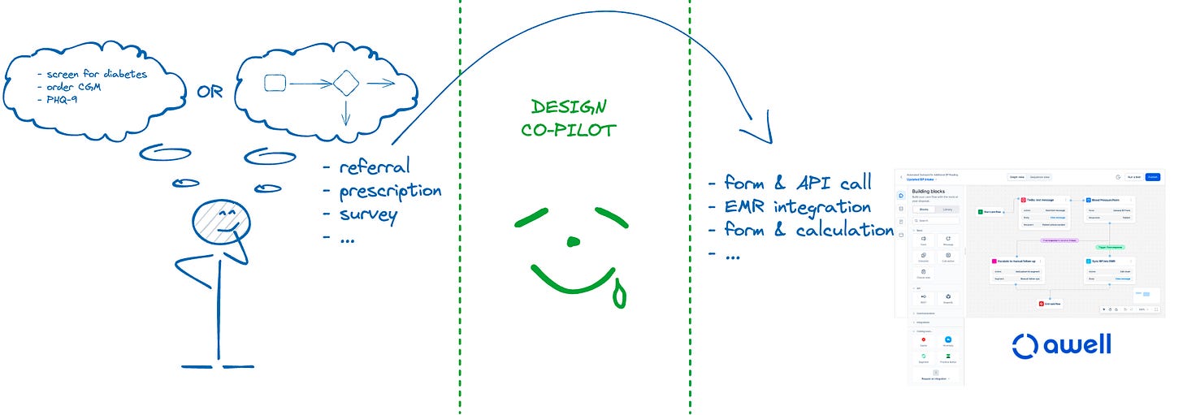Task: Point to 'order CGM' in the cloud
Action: pos(74,87)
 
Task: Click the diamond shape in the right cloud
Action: pos(346,82)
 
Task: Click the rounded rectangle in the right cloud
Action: pos(275,82)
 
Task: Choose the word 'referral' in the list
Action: pos(375,168)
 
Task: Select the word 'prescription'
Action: pos(390,192)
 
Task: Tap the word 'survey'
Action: pos(368,215)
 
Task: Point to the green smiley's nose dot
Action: pos(574,240)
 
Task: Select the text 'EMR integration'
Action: pos(797,206)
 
